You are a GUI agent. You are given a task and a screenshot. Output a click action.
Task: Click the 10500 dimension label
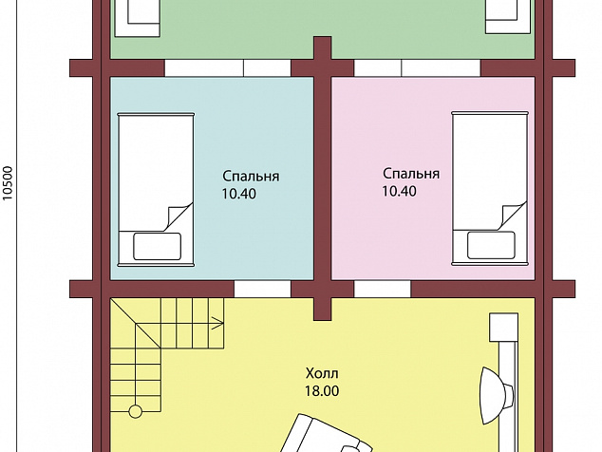coord(8,183)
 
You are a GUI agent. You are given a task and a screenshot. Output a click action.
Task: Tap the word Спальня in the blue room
coord(251,177)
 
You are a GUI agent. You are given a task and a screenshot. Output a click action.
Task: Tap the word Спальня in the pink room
coord(411,174)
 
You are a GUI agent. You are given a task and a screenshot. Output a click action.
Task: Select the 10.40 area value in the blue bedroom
coord(238,194)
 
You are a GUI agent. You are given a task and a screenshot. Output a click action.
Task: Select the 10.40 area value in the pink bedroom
coord(399,191)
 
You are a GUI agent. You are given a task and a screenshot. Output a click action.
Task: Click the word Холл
coord(322,373)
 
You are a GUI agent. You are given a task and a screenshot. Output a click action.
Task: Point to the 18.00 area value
coord(322,391)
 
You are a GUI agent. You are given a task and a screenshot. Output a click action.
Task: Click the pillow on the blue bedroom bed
coord(157,246)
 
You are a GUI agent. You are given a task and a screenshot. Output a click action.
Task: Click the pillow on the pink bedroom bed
coord(491,245)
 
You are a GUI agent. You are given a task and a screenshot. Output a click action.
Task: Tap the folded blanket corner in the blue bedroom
coord(179,217)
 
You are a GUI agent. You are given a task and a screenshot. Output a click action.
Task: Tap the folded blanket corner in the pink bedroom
coord(512,216)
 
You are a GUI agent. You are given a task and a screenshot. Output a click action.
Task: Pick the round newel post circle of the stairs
coord(135,411)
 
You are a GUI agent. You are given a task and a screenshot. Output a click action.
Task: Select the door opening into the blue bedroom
coord(262,289)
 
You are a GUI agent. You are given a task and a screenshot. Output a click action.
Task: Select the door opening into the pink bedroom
coord(383,289)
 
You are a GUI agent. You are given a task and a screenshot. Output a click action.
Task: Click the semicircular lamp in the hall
coord(496,396)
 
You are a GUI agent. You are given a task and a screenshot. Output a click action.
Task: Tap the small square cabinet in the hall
coord(503,328)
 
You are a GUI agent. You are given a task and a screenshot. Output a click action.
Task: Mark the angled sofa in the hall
coord(325,434)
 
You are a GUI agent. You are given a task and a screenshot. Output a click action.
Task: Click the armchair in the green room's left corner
coord(137,18)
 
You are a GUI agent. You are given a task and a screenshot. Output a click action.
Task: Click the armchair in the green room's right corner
coord(508,17)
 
